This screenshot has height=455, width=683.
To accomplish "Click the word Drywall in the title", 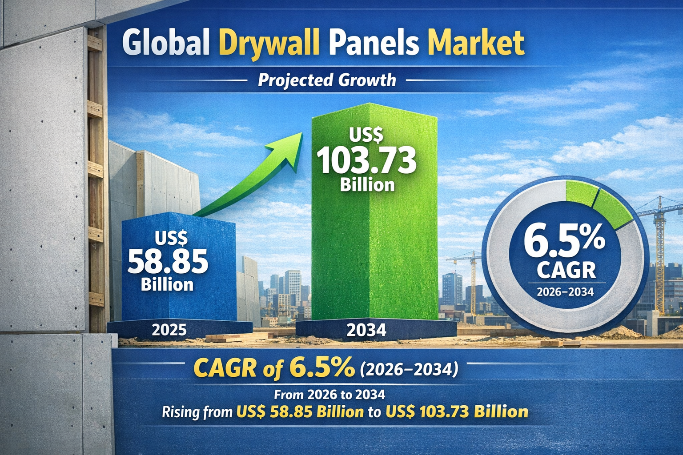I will [269, 43].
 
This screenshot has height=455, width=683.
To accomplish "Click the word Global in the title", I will [165, 43].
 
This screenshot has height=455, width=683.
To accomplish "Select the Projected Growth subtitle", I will [327, 80].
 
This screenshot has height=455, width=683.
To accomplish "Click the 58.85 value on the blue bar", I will [168, 262].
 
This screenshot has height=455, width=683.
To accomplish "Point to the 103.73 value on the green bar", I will [367, 160].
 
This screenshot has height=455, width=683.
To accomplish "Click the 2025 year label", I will [169, 330].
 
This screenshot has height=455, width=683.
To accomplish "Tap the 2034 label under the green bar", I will [366, 330].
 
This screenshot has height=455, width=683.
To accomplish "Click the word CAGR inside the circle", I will [566, 270].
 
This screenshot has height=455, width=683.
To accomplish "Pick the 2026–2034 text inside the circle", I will [565, 292].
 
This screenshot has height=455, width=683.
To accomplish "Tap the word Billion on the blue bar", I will [167, 284].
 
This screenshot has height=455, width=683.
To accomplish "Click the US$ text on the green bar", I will [366, 135].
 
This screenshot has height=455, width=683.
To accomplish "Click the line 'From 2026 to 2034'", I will [329, 394].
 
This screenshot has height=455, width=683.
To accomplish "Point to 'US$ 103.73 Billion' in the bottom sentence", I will [457, 412].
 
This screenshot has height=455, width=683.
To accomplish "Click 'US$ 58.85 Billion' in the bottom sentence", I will [300, 412].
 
